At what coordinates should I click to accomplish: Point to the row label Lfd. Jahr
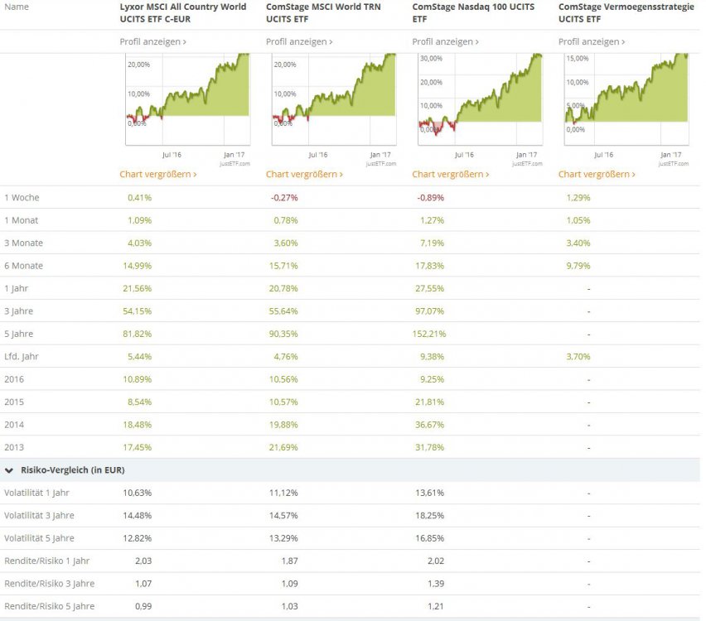pos(22,356)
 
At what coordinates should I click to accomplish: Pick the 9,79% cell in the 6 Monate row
pos(578,266)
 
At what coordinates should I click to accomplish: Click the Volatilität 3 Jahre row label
pos(39,515)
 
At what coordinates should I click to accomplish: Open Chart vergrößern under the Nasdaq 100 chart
pos(450,175)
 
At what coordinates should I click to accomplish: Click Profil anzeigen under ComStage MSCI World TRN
pos(298,41)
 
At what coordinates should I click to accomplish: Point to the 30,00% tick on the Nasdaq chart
pos(431,59)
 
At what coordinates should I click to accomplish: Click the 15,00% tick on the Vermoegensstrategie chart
pos(578,59)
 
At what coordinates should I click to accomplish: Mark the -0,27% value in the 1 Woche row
pos(284,198)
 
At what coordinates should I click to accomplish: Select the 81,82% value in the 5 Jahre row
pos(139,334)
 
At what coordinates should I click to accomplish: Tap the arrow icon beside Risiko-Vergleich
pos(9,470)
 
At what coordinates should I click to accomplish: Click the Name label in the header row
pos(16,7)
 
